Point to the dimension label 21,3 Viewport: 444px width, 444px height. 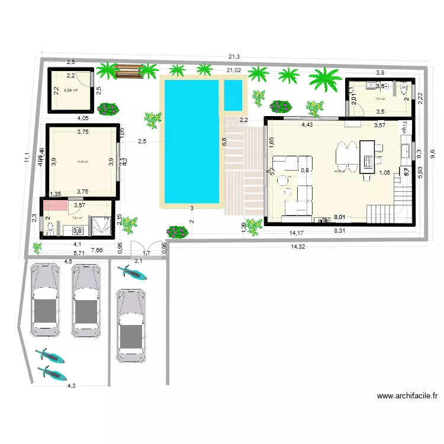(x=234, y=57)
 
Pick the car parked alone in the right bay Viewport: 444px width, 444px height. (x=130, y=324)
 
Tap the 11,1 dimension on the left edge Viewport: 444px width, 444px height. (x=27, y=157)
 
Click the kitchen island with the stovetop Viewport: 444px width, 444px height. (x=368, y=156)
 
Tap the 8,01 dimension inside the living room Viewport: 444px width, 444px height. (x=339, y=217)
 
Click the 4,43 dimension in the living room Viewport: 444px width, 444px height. (x=307, y=125)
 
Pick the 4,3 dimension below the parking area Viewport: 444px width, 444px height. (x=71, y=385)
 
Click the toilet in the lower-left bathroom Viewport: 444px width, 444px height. (x=49, y=227)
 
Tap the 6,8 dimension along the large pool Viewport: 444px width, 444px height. (x=224, y=141)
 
